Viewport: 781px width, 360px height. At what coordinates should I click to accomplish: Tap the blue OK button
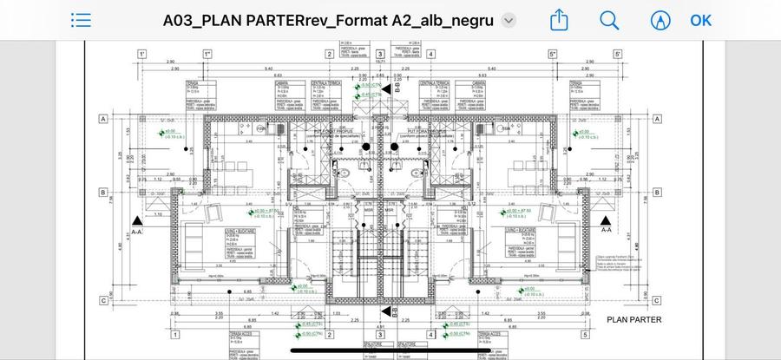(x=700, y=20)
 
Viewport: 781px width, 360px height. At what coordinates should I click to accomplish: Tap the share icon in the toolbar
(x=560, y=19)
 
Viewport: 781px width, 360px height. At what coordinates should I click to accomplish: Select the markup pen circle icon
(x=660, y=20)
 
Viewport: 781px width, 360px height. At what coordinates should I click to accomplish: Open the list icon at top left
(x=81, y=20)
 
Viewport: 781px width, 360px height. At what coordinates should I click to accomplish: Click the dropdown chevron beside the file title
(x=509, y=21)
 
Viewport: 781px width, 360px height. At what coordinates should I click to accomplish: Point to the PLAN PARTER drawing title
(x=633, y=320)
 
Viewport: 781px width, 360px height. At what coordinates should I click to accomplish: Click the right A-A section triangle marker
(x=606, y=220)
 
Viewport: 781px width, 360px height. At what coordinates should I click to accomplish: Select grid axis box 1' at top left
(x=141, y=54)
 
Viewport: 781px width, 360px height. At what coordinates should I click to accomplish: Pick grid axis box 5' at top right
(x=618, y=54)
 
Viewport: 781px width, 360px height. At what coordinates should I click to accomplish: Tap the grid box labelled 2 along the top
(x=330, y=54)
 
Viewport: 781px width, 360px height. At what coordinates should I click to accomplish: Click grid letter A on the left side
(x=102, y=119)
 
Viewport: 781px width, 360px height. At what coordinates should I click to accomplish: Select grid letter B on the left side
(x=102, y=193)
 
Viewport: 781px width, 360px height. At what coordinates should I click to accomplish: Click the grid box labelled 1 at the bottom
(x=175, y=335)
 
